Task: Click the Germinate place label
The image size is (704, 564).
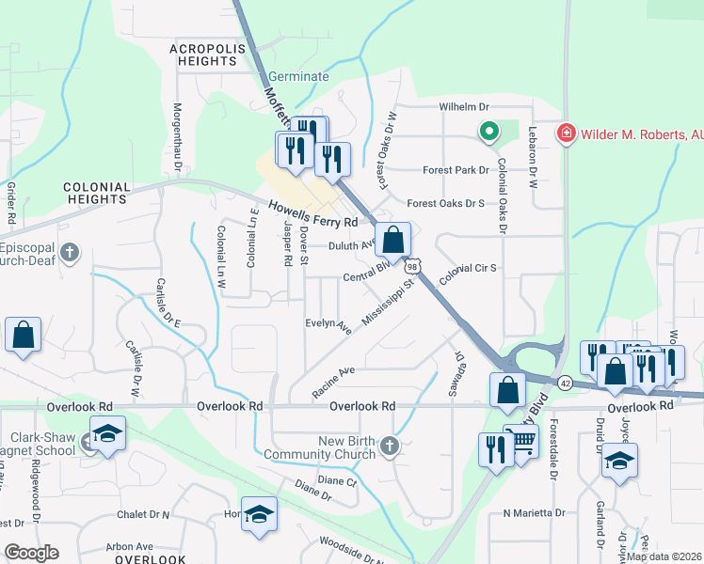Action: click(x=298, y=77)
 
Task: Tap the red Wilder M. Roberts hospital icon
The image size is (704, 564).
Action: click(x=566, y=133)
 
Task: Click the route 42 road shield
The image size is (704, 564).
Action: click(x=565, y=383)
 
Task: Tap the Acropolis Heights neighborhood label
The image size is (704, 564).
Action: click(x=203, y=55)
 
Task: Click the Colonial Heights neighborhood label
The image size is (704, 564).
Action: click(x=96, y=194)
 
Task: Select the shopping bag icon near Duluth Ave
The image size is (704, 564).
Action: click(x=392, y=241)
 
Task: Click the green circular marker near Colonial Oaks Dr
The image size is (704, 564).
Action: click(x=488, y=133)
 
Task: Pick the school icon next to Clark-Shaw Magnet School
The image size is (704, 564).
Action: click(x=108, y=434)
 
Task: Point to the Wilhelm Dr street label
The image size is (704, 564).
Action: click(x=466, y=108)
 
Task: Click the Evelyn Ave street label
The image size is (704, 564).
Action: click(x=328, y=325)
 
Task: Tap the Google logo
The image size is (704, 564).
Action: click(x=32, y=553)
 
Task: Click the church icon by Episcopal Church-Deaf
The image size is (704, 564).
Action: click(x=70, y=252)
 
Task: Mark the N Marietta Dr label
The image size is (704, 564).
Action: click(x=534, y=513)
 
